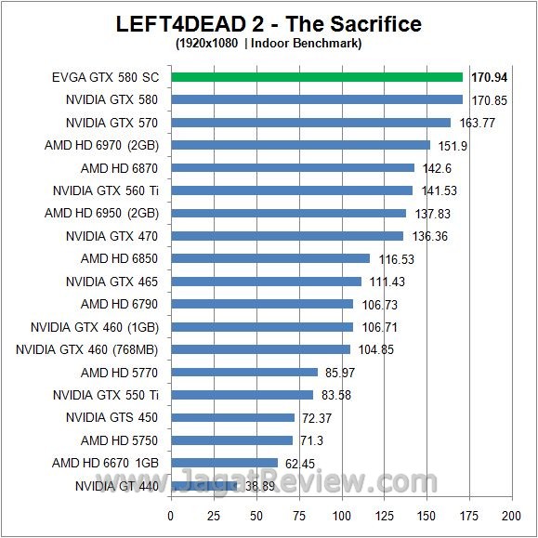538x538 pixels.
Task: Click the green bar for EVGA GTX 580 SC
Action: (316, 77)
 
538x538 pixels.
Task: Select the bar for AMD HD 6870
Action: (292, 168)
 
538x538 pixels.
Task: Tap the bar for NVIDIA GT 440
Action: (203, 485)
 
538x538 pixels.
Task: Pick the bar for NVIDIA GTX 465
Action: (266, 282)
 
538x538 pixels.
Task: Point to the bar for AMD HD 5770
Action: (243, 373)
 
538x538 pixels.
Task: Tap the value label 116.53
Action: (395, 259)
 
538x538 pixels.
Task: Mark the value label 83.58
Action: (336, 395)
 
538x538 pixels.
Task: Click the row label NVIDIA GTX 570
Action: (112, 123)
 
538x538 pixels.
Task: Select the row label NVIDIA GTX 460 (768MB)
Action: (87, 349)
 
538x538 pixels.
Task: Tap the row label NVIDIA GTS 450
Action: (112, 417)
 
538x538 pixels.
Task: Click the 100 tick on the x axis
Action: (341, 515)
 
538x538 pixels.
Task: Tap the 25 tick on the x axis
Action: (213, 515)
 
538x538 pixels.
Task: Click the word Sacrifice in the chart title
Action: (370, 23)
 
